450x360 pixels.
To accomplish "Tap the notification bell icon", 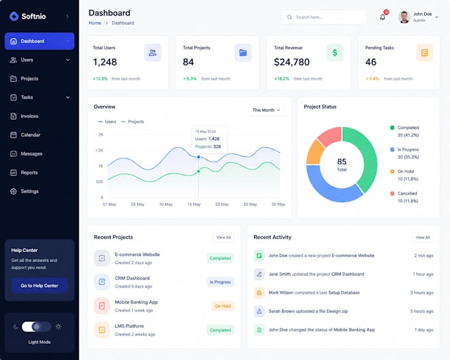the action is pos(382,17).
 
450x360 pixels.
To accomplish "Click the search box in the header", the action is pos(324,17).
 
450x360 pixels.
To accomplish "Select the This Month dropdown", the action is pos(266,110).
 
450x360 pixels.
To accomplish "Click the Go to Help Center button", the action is pos(39,286).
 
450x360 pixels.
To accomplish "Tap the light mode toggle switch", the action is pos(36,327).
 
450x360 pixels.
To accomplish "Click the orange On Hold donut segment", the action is pos(314,152).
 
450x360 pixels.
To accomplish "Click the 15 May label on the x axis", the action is pos(194,204).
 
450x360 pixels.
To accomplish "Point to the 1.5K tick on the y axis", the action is pos(99,150).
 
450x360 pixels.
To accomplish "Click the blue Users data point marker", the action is pos(199,157).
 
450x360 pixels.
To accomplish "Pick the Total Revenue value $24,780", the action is pos(292,62).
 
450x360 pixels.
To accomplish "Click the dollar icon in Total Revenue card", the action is pos(335,52).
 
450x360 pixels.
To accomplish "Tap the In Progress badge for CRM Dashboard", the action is pos(220,282).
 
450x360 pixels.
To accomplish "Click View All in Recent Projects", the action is pos(224,238).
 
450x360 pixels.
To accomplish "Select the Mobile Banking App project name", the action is pos(136,302).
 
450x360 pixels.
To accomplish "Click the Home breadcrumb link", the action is pos(95,23).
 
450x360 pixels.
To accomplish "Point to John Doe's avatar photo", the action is pos(404,17).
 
